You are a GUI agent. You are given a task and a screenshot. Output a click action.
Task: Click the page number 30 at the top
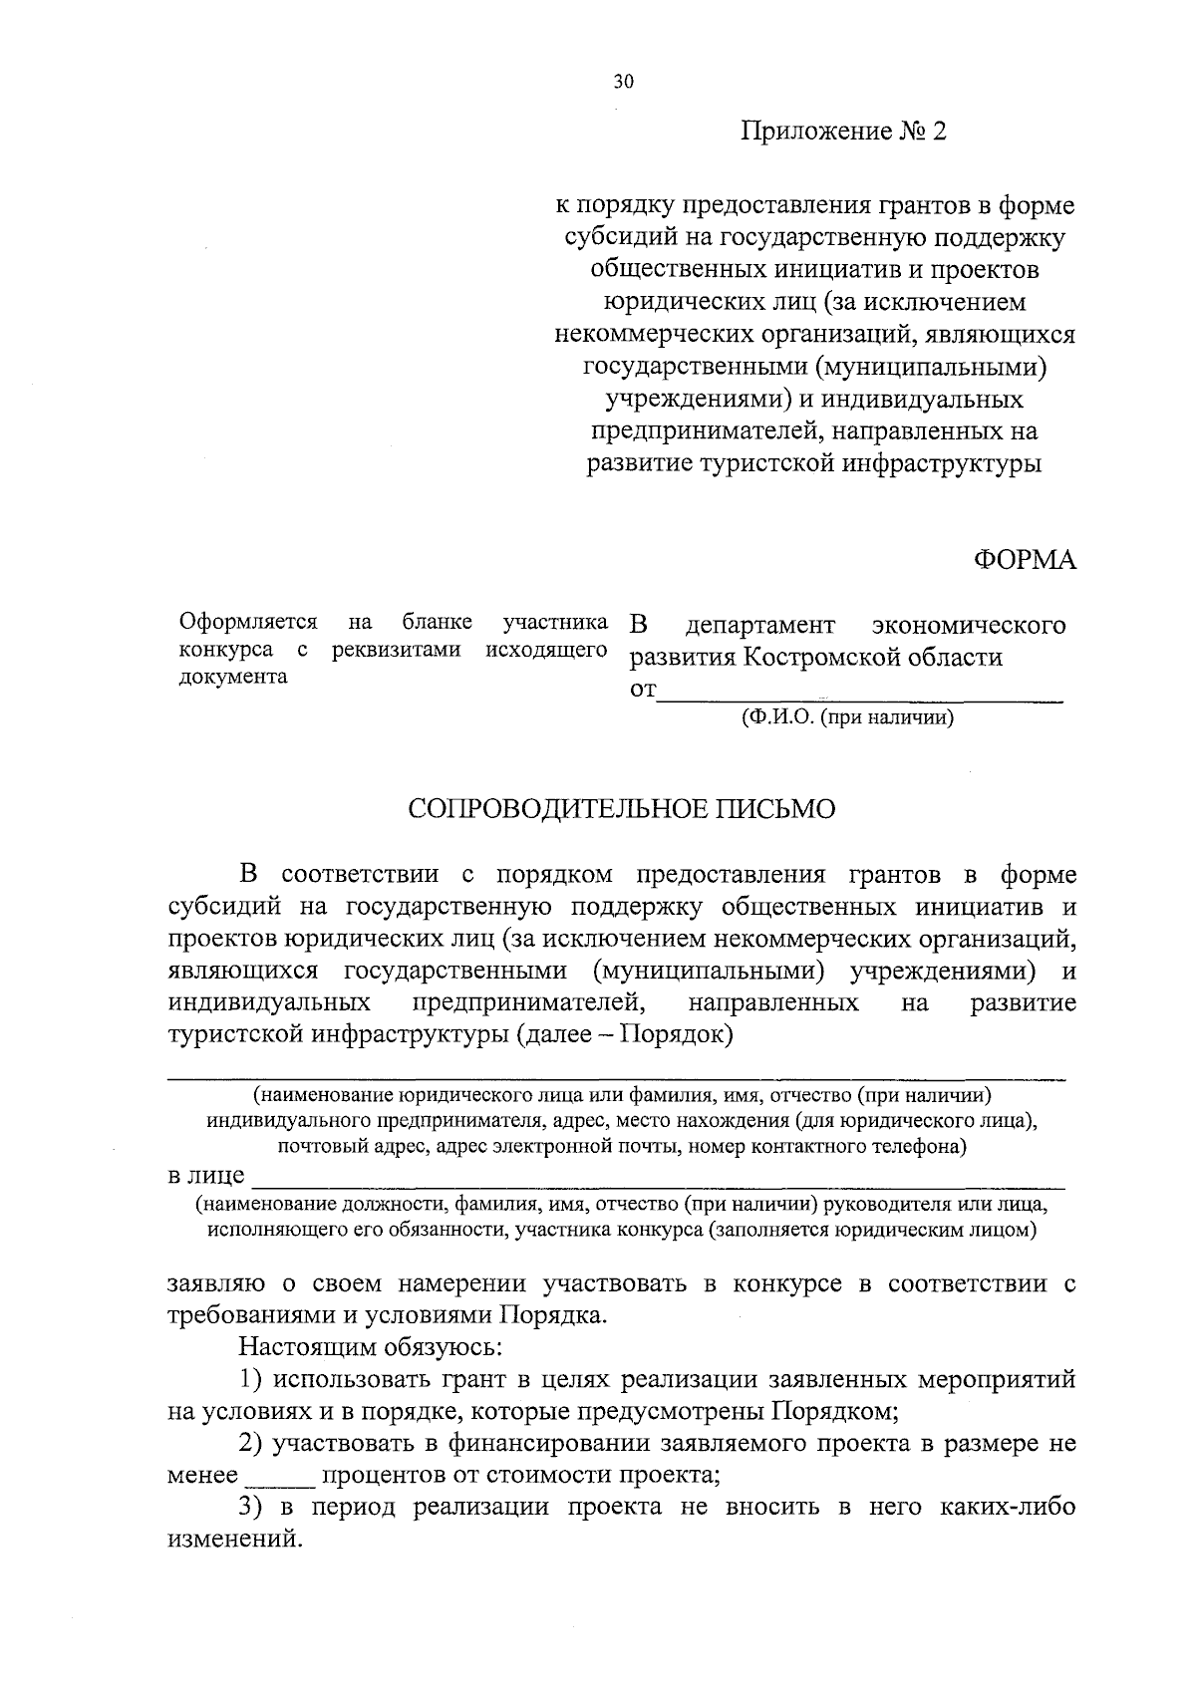(623, 83)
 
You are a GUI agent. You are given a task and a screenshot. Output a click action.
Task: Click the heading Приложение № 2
(842, 133)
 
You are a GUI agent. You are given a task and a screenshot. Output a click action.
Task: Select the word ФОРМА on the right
(1024, 561)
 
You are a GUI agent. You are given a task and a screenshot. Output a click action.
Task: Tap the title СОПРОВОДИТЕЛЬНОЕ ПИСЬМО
(622, 809)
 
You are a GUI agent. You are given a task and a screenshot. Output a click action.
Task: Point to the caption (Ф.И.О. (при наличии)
(847, 717)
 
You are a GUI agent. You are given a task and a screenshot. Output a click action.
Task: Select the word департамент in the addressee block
(760, 626)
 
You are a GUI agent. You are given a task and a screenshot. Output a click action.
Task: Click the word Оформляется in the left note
(248, 623)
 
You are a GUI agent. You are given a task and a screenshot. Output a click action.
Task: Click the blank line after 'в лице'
(658, 1179)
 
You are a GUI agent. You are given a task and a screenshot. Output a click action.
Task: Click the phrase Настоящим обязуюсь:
(370, 1348)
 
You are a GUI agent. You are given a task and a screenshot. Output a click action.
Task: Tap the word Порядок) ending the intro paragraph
(677, 1034)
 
